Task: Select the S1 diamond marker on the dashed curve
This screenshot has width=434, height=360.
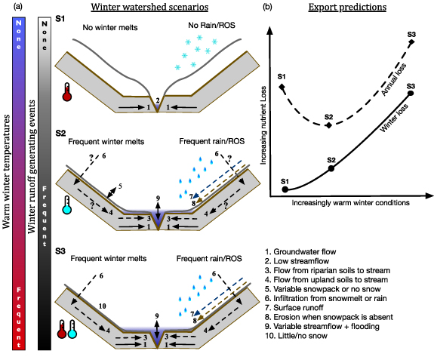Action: point(283,88)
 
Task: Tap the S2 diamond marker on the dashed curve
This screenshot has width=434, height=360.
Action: point(328,125)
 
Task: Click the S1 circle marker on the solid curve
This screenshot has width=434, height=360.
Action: point(285,189)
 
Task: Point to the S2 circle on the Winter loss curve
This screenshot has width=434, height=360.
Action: point(331,168)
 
